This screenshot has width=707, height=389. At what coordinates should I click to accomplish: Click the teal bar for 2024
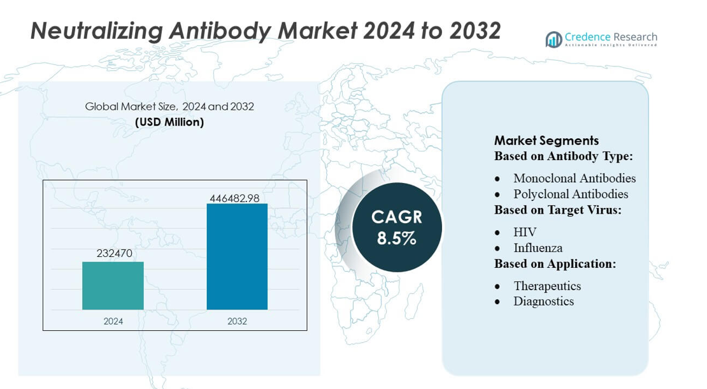113,286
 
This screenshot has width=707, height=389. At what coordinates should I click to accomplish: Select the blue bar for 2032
237,256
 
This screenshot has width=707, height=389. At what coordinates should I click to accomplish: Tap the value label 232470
115,254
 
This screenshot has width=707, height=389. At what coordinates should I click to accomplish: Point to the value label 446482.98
234,198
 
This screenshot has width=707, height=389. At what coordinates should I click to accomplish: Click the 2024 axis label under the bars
113,321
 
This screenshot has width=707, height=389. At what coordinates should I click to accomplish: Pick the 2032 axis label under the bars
237,321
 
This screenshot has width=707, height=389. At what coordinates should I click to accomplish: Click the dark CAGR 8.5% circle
397,228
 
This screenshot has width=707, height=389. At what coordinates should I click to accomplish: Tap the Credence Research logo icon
553,40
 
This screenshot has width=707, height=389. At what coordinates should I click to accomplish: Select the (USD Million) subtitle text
169,122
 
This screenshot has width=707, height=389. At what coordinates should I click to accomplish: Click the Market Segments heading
546,141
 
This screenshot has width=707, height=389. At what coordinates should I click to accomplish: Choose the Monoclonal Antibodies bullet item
575,179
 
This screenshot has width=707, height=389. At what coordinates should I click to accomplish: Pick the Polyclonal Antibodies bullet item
571,194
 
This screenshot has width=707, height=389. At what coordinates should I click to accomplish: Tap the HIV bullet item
525,232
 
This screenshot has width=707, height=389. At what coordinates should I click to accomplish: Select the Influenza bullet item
538,247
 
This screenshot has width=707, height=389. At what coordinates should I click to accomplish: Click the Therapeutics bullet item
547,286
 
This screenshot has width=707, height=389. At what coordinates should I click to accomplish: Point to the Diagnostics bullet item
543,301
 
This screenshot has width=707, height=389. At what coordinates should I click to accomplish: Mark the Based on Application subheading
555,263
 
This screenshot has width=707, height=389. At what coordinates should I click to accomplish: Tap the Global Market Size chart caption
169,106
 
